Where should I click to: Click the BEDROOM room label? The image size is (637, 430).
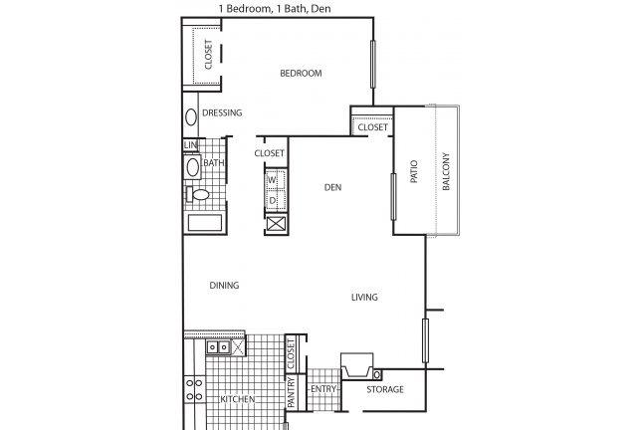[x=301, y=73]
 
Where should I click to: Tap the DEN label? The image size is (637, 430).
[x=332, y=187]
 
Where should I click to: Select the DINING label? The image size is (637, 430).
[x=224, y=286]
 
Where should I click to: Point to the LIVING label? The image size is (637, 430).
[x=364, y=297]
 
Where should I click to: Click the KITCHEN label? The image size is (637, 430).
[x=238, y=399]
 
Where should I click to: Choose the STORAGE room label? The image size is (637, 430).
[x=385, y=389]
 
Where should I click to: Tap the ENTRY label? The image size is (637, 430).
[x=323, y=389]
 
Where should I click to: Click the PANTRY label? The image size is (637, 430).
[x=291, y=392]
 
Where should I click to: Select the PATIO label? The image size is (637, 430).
[x=414, y=171]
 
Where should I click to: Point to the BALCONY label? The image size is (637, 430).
[x=446, y=171]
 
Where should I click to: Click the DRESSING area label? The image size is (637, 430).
[x=222, y=112]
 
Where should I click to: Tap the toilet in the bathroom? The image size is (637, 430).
[x=197, y=194]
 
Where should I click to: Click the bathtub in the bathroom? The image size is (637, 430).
[x=205, y=223]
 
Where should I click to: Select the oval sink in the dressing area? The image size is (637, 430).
[x=191, y=117]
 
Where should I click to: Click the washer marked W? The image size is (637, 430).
[x=276, y=179]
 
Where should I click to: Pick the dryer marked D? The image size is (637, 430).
[x=276, y=199]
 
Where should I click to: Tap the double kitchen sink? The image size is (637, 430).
[x=218, y=347]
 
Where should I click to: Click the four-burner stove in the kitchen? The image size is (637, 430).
[x=194, y=389]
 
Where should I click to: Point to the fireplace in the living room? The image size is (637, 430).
[x=357, y=365]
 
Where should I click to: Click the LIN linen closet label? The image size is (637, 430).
[x=190, y=144]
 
